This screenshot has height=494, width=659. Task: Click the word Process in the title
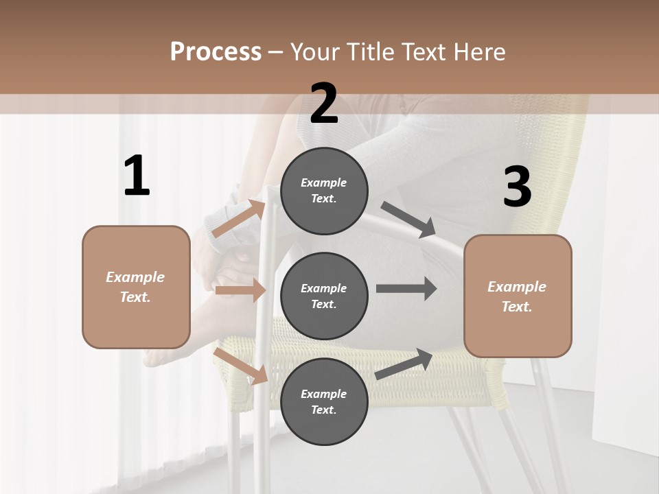pos(216,51)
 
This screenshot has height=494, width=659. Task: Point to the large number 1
pos(137,176)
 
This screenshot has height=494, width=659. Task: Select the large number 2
pos(324,104)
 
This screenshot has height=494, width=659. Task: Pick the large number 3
pos(517,187)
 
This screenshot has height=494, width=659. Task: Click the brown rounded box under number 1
pos(136,287)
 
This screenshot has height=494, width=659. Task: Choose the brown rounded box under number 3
pos(518,296)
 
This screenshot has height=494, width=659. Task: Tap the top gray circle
pos(324,191)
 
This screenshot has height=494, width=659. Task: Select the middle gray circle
pos(324,296)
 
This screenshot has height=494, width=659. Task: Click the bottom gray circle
pos(324,401)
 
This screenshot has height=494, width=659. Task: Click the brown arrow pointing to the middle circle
pos(240,290)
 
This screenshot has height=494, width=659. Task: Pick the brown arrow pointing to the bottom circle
pos(240,366)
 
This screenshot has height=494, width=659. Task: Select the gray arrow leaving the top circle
pos(408,220)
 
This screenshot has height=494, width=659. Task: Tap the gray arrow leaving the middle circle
pos(406,289)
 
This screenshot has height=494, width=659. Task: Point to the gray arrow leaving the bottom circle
pos(404,364)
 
